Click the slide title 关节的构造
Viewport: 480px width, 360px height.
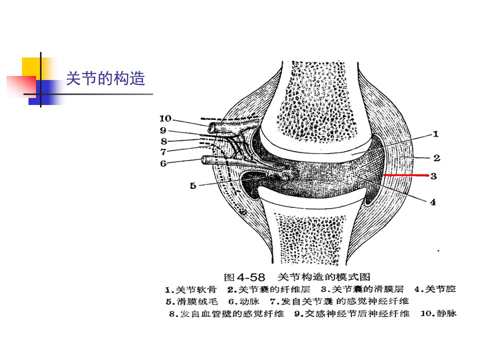105,78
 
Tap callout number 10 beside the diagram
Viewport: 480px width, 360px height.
165,118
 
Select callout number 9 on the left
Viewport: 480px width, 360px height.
163,130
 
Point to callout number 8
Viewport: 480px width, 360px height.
164,141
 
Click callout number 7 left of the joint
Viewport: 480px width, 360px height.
163,151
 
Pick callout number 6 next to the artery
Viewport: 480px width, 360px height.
163,163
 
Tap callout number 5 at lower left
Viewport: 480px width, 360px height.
193,185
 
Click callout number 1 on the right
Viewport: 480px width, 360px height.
435,134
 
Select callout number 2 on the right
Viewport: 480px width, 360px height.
437,157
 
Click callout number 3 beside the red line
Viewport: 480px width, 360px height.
433,176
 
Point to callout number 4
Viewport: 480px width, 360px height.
433,202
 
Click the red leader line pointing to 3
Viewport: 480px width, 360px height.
406,175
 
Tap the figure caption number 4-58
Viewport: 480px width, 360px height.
250,277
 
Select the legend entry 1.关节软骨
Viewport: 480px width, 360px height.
190,289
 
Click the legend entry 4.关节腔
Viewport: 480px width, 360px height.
435,288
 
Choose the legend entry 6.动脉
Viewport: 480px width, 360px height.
243,301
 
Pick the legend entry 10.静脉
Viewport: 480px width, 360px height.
438,313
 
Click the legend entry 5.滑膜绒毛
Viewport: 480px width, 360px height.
191,301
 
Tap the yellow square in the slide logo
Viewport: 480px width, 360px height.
31,67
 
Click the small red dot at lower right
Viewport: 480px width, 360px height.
438,250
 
